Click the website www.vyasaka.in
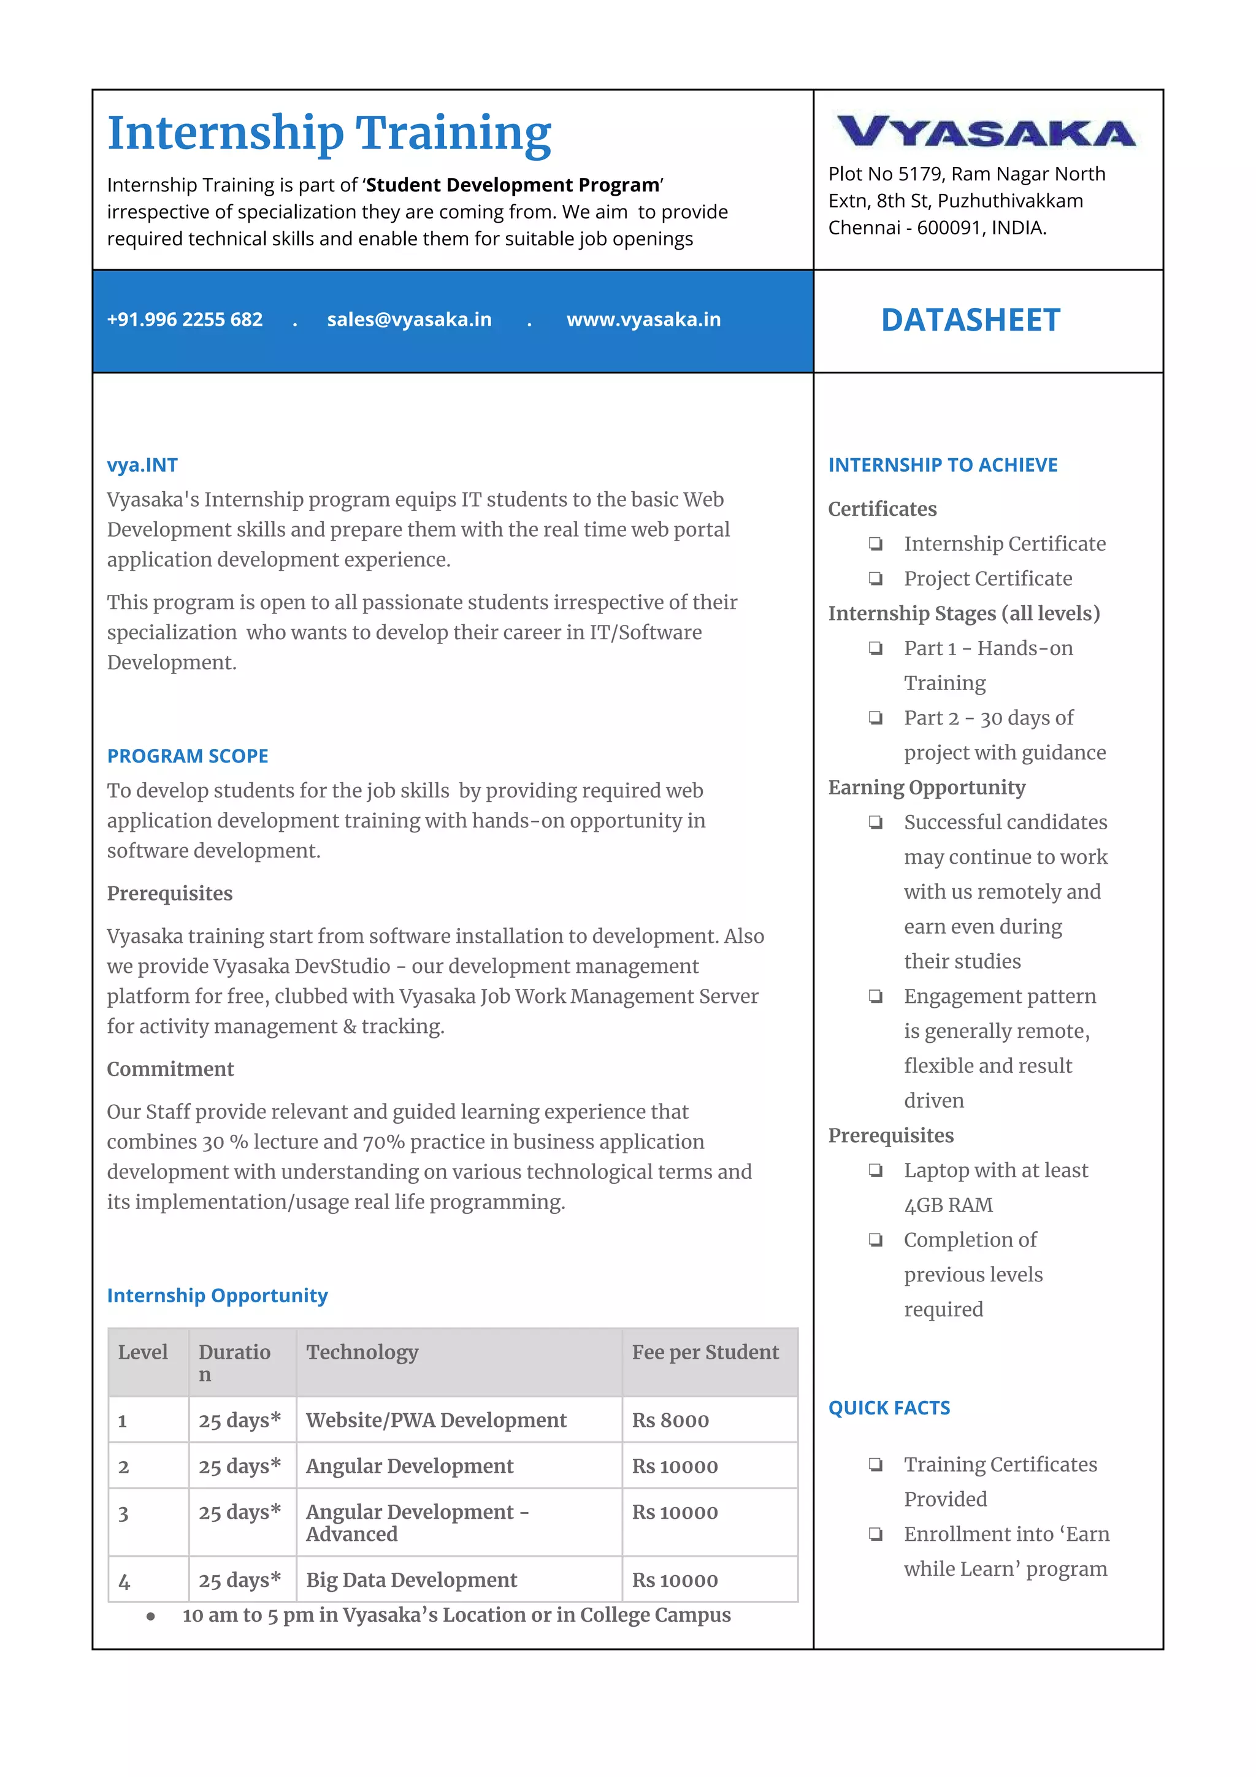[x=643, y=320]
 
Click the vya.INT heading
[x=142, y=465]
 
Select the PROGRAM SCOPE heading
[x=187, y=756]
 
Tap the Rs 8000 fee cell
[x=670, y=1420]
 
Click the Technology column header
[x=362, y=1352]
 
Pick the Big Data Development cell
[x=411, y=1579]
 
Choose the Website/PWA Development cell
[x=435, y=1420]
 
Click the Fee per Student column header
[x=705, y=1352]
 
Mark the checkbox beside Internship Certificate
[x=875, y=543]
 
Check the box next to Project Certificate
[x=875, y=578]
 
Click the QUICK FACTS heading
[x=889, y=1408]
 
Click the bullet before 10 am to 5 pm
[x=151, y=1616]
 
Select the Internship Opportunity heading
[x=218, y=1295]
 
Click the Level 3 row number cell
[x=124, y=1514]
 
